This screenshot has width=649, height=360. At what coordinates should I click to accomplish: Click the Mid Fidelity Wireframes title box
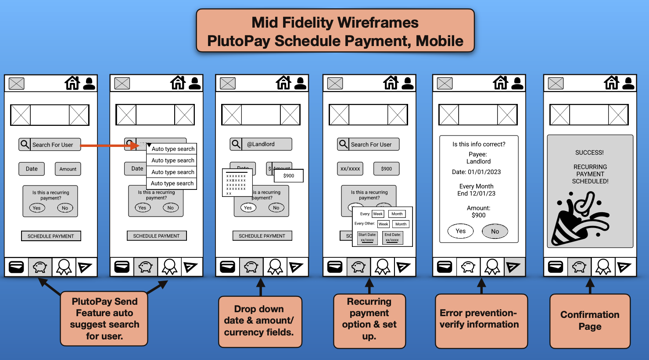coord(335,31)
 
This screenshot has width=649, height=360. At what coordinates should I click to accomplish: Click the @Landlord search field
coord(261,144)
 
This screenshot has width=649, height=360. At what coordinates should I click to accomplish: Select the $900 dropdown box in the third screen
coord(288,176)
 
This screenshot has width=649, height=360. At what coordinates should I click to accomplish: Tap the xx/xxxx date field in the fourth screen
coord(350,169)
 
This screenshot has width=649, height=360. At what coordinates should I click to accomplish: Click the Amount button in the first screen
coord(68,169)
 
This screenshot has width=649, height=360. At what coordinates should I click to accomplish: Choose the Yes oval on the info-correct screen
coord(460,231)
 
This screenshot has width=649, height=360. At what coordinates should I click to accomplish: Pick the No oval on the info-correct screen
coord(495,232)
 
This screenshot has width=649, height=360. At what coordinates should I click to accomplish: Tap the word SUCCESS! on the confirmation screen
coord(589,153)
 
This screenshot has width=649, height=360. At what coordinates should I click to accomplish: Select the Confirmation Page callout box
coord(590,321)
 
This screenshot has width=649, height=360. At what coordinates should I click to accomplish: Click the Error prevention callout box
coord(480,321)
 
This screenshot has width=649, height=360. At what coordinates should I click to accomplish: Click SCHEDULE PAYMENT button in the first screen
coord(51,236)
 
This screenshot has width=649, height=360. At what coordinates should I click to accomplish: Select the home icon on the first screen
coord(72,83)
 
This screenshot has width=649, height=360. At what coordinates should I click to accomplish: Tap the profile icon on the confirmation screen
coord(628,83)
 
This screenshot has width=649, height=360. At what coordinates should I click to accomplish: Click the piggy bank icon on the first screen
coord(40,267)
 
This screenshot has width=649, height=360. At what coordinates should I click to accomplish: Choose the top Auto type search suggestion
coord(172,149)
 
